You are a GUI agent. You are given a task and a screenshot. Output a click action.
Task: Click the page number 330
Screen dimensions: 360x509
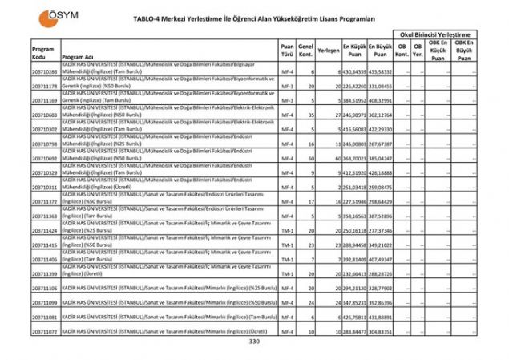254,342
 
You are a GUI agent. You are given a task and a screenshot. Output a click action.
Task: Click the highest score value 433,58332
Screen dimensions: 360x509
381,72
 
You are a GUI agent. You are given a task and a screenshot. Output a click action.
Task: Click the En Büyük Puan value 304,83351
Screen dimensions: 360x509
381,331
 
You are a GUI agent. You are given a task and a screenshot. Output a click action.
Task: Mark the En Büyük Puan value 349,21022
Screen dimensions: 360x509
381,245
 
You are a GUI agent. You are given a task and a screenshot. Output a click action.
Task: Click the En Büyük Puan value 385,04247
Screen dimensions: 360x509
381,159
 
